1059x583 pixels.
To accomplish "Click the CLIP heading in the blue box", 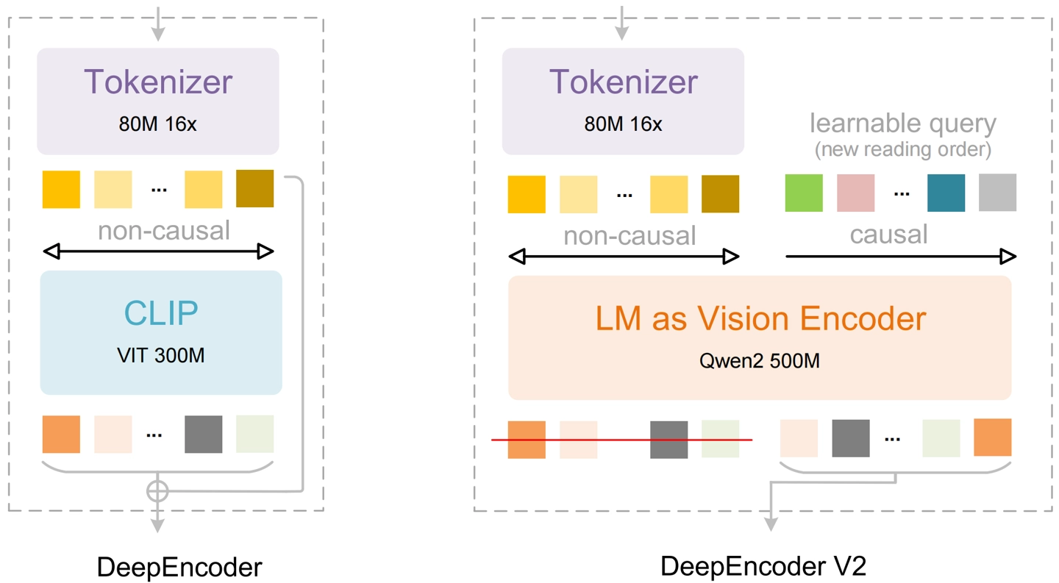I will click(x=161, y=313).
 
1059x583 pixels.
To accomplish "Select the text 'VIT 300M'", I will click(x=161, y=356).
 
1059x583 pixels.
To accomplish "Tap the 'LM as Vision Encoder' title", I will click(x=760, y=318).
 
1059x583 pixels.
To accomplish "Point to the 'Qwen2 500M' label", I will click(x=760, y=361).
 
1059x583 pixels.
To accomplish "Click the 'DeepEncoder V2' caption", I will click(x=763, y=567).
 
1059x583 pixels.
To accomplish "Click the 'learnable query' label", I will click(x=903, y=123).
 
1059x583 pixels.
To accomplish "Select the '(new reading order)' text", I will click(x=903, y=150).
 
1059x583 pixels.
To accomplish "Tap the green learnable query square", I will click(x=804, y=193).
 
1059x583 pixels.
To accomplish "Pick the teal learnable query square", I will click(x=946, y=193).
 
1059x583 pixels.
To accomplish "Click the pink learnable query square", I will click(x=855, y=193).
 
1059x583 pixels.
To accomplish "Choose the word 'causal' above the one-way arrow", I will click(x=888, y=235).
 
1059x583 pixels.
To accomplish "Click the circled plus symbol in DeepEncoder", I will click(x=158, y=490).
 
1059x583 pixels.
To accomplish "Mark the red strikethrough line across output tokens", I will click(x=622, y=440).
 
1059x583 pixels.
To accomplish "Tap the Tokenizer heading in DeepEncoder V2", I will click(x=623, y=82).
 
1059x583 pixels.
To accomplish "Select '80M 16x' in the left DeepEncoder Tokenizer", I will click(x=157, y=124).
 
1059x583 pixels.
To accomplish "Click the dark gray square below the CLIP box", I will click(x=203, y=434).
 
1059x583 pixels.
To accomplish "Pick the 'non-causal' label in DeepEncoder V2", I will click(x=629, y=235).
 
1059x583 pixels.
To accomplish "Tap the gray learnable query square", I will click(x=997, y=193).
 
